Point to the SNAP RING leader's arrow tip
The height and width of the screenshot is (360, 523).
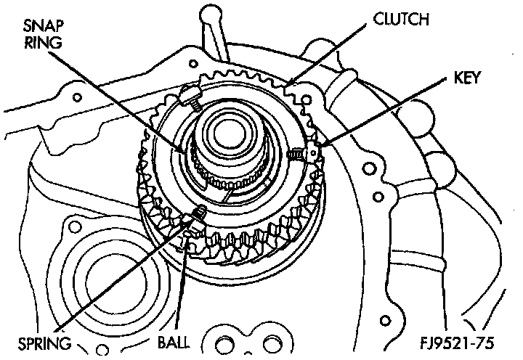tap(187, 151)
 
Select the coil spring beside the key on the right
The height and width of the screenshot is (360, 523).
tap(297, 153)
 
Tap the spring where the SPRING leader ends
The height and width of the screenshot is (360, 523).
tap(198, 213)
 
